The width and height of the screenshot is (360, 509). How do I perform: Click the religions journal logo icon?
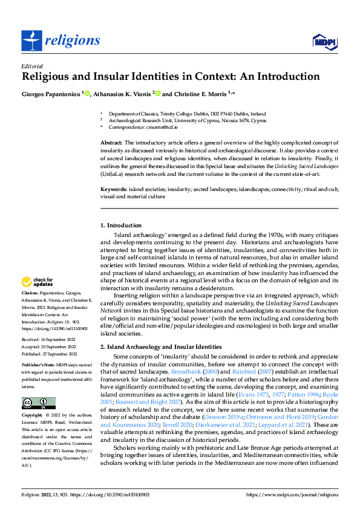pyautogui.click(x=31, y=41)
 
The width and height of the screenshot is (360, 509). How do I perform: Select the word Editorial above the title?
pyautogui.click(x=31, y=66)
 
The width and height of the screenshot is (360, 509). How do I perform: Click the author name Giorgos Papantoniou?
pyautogui.click(x=51, y=94)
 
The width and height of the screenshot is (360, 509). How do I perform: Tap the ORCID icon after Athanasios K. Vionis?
pyautogui.click(x=158, y=94)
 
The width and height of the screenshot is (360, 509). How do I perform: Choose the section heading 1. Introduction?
pyautogui.click(x=121, y=225)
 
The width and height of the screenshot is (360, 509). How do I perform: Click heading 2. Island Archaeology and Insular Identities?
pyautogui.click(x=160, y=346)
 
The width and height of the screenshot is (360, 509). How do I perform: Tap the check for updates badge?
pyautogui.click(x=38, y=282)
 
